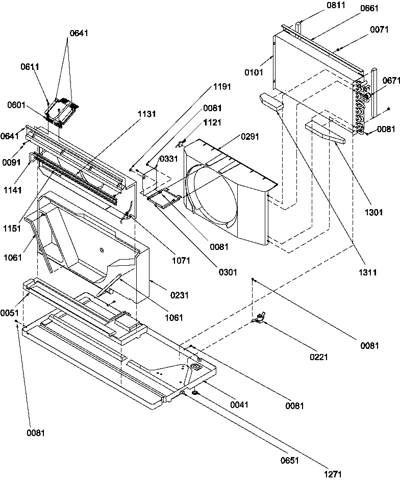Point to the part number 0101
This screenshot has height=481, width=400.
pos(255,72)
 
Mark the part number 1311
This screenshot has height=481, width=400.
pos(367,273)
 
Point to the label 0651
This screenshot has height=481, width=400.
pos(288,461)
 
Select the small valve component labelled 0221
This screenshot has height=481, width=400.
pos(260,319)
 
